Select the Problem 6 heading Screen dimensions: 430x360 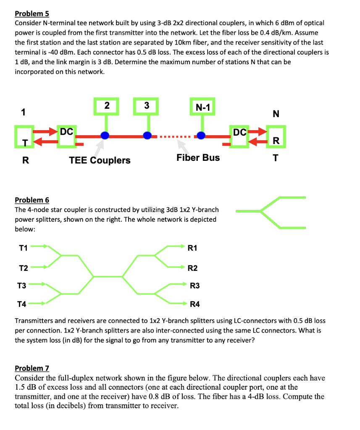(32, 200)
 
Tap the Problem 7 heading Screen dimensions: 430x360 (32, 368)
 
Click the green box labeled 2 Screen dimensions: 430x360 (107, 107)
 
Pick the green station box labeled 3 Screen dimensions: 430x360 (147, 107)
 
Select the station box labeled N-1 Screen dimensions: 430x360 (203, 107)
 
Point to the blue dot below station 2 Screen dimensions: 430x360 (105, 136)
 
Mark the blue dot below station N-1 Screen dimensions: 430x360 (202, 136)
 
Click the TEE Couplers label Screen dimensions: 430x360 (100, 160)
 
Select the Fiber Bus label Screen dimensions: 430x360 (198, 157)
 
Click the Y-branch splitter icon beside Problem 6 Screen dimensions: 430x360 (271, 212)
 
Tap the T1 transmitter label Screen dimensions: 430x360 (24, 248)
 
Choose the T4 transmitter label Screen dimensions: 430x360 (21, 304)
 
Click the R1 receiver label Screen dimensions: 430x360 (192, 248)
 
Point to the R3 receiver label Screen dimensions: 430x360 (195, 286)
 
